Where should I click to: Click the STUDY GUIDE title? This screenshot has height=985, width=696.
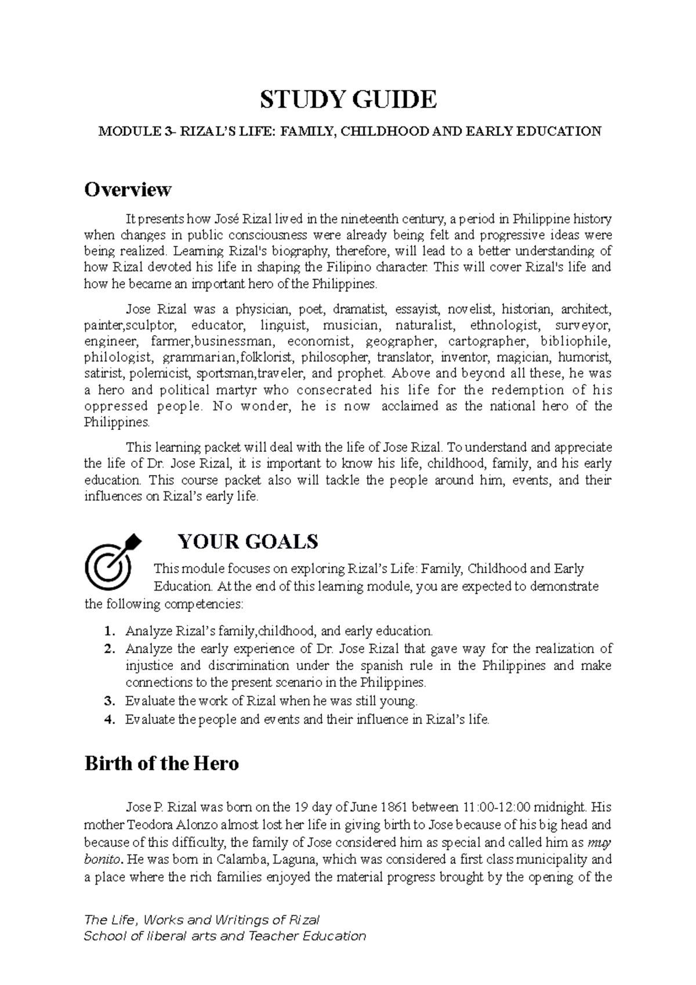(348, 100)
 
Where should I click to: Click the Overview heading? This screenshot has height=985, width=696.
(128, 190)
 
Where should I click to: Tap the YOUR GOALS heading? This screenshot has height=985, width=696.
(248, 542)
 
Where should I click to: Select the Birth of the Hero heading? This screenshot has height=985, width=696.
(161, 763)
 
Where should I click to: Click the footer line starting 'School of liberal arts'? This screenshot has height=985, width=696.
(225, 936)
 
